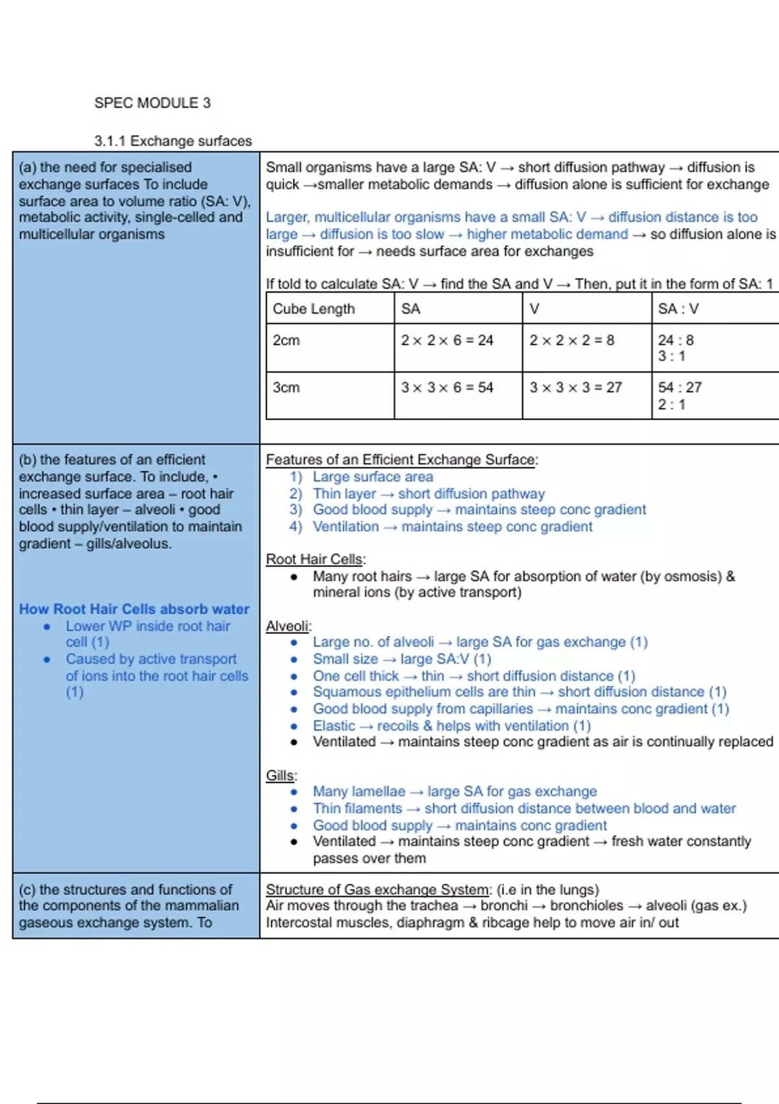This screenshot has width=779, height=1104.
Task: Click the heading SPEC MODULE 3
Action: coord(153,103)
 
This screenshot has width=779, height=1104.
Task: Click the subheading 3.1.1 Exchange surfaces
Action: coord(173,141)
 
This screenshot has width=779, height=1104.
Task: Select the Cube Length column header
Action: coord(314,309)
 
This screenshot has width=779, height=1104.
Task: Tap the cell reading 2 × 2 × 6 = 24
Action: coord(447,340)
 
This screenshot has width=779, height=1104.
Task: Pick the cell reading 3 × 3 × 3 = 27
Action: coord(575,388)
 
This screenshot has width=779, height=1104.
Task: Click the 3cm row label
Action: coord(286,388)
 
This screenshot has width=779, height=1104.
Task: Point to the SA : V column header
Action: coord(678,309)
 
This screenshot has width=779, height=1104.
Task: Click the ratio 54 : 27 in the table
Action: coord(679,388)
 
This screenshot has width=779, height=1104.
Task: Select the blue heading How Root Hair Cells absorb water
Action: coord(134,609)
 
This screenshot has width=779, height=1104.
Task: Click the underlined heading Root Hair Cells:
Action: coord(315,559)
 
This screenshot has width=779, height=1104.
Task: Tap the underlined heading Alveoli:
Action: coord(288,626)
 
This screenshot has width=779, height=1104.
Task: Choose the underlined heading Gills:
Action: coord(281,775)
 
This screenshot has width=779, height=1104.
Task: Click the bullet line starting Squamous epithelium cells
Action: coord(519,692)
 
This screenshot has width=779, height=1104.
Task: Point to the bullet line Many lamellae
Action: coord(454,792)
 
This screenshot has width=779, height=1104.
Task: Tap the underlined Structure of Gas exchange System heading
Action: coord(378,890)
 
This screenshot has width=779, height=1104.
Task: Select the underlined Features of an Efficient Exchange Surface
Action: coord(401,460)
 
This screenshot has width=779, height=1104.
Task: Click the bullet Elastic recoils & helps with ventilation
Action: coord(451,725)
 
